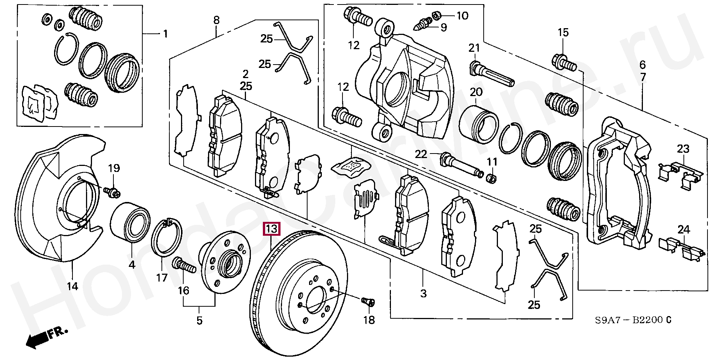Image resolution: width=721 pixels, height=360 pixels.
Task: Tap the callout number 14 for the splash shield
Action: pos(72,287)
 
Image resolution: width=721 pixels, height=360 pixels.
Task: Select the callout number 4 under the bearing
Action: pos(132,265)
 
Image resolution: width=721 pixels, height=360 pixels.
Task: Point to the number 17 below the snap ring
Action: pos(162,278)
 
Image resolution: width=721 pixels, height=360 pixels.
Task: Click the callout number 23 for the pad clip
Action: pos(683,149)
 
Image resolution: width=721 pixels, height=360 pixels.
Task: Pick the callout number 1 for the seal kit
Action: pos(165,34)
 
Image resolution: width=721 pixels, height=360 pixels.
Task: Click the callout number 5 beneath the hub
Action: pos(199,321)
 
